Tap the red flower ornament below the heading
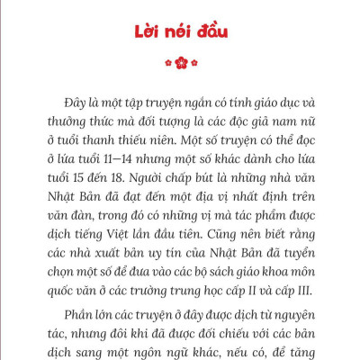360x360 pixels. tap(180, 63)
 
